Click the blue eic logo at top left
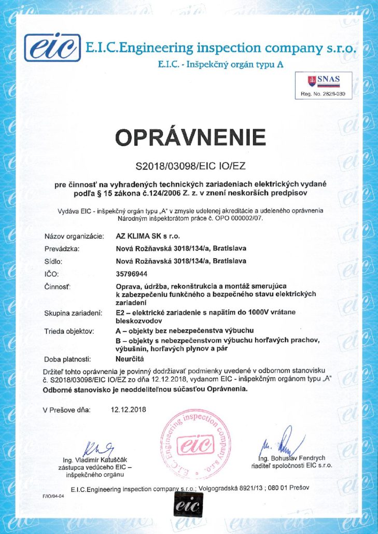(53, 48)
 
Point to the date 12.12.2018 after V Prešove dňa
(129, 410)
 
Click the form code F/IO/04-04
(54, 496)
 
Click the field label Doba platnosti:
(68, 358)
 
